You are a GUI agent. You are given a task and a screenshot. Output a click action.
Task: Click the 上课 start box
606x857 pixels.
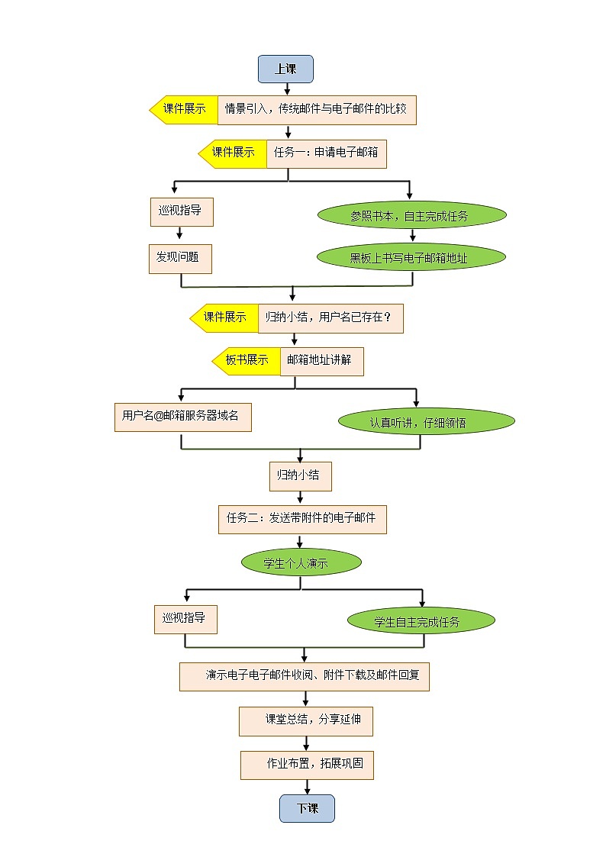click(285, 69)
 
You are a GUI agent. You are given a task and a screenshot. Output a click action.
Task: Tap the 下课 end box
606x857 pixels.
click(307, 808)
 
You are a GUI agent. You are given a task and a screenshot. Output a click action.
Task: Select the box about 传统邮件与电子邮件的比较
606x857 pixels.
click(317, 110)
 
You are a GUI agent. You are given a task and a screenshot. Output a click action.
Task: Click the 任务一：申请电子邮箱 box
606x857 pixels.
click(326, 153)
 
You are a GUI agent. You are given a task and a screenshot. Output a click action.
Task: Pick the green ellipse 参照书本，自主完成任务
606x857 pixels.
click(412, 216)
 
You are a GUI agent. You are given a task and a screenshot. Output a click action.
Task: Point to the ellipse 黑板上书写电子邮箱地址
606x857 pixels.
click(411, 258)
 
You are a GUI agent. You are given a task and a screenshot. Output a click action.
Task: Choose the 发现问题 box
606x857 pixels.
click(179, 258)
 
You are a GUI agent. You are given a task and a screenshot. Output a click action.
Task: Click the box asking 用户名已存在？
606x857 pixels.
click(330, 317)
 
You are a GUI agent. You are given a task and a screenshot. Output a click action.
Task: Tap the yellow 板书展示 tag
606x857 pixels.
click(246, 360)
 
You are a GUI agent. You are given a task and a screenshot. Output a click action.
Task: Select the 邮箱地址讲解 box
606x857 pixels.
click(321, 360)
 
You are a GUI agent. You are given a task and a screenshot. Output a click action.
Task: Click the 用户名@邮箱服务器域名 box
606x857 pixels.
click(182, 417)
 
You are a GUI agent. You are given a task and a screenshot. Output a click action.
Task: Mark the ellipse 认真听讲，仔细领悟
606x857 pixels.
click(427, 421)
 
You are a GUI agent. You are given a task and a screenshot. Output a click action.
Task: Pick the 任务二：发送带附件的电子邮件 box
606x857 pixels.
click(301, 518)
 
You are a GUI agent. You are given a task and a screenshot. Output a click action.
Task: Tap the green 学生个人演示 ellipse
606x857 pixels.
click(300, 563)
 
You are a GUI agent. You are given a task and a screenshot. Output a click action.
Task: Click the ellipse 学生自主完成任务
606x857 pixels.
click(421, 621)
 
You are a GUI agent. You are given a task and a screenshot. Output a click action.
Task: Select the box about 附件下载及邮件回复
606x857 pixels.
click(304, 676)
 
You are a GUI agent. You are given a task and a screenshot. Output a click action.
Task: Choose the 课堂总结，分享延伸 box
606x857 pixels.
click(305, 720)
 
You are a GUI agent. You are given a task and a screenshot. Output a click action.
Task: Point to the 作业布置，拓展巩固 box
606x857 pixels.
click(307, 764)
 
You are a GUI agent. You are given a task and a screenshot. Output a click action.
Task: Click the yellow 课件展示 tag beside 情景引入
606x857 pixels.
click(184, 110)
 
